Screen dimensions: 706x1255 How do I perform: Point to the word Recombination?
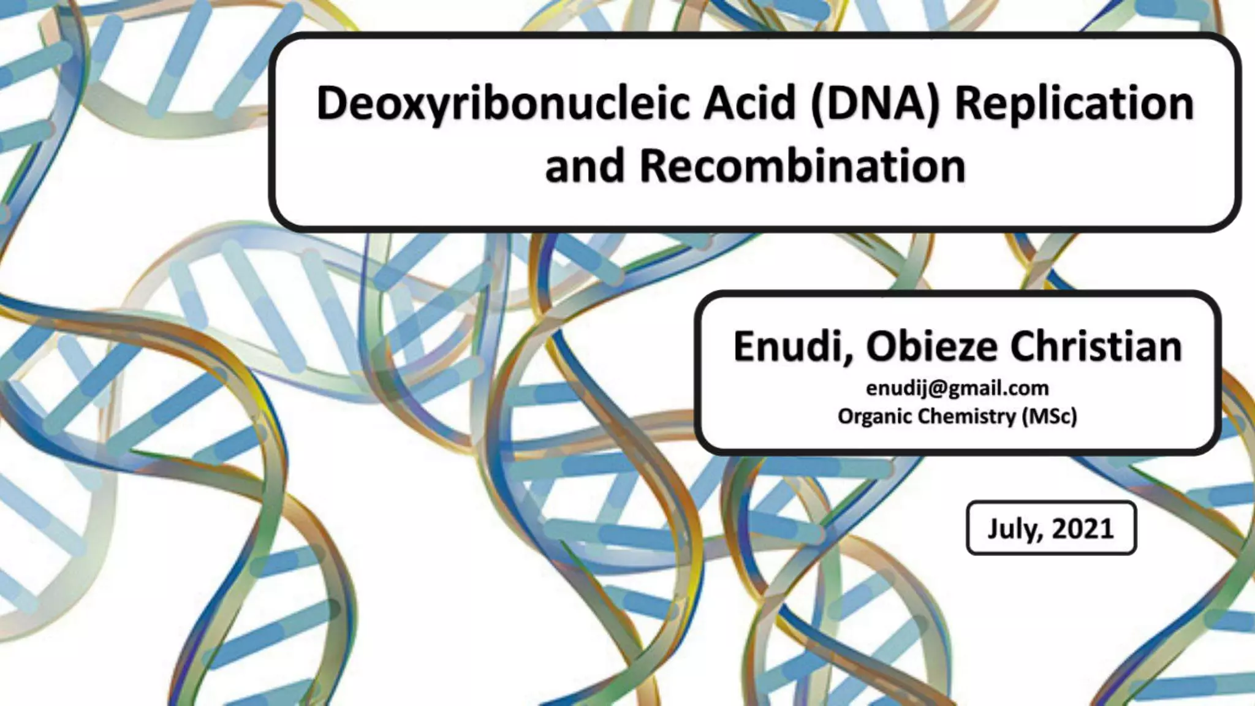[802, 166]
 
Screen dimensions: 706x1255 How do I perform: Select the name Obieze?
[931, 346]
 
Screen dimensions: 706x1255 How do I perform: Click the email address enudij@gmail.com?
[957, 388]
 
